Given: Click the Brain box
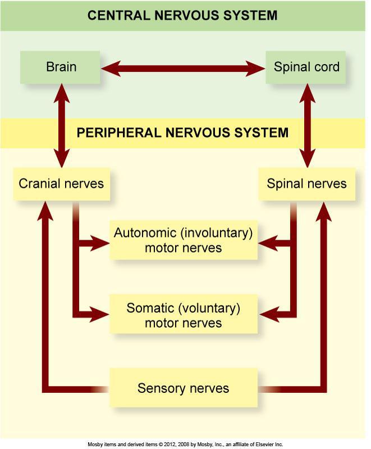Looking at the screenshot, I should click(x=61, y=68).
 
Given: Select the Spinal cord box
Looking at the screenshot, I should click(x=306, y=68).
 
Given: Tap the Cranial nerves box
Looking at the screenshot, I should click(x=61, y=184).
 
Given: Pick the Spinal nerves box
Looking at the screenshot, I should click(x=306, y=184).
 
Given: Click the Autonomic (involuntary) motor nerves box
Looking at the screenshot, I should click(x=184, y=240).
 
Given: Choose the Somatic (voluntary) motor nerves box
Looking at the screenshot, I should click(x=184, y=315).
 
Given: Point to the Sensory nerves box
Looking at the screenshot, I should click(x=184, y=388).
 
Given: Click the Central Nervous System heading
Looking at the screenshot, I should click(x=182, y=15).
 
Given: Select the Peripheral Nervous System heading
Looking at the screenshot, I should click(x=182, y=133).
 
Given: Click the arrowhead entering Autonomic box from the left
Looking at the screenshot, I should click(x=101, y=244).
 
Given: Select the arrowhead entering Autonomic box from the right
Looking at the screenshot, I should click(x=267, y=244).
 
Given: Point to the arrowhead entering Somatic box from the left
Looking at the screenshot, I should click(x=101, y=314).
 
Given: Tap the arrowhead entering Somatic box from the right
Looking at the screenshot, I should click(x=267, y=314).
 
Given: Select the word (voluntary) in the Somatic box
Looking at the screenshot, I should click(x=214, y=308).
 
